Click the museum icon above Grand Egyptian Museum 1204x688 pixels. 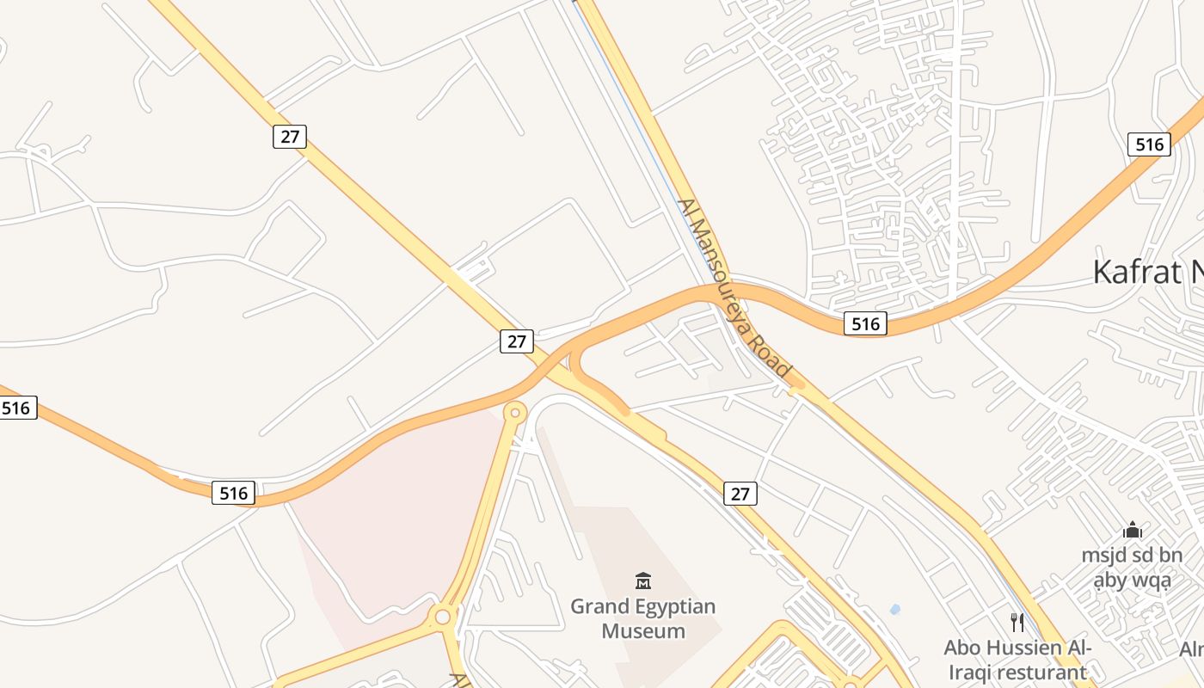coord(642,580)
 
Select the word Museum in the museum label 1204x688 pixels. coord(643,631)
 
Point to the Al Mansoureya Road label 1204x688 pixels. coord(734,288)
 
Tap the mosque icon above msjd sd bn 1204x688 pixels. coord(1132,530)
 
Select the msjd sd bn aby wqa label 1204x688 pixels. coord(1132,568)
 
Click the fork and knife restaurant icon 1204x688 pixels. coord(1017,622)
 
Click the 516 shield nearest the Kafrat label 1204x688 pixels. coord(1149,144)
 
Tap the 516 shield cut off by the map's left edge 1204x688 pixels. coord(16,408)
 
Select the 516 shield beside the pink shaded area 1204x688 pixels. coord(233,493)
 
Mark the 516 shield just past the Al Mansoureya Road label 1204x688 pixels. coord(864,323)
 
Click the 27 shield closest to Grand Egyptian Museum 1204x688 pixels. coord(740,494)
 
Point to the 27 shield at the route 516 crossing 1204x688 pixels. coord(516,341)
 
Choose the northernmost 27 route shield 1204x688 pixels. coord(290,137)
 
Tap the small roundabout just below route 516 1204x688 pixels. coord(514,414)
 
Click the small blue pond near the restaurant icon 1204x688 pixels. coord(895,610)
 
